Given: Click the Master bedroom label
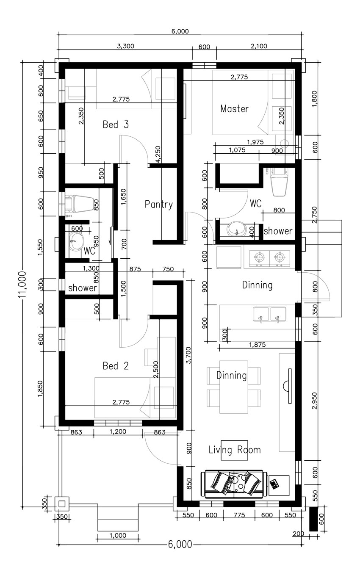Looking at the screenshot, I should [x=234, y=109].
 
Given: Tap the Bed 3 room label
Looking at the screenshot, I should [x=116, y=125].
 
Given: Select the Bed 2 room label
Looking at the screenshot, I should [x=116, y=366].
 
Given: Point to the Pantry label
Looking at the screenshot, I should [x=159, y=205].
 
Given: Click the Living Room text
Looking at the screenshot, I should [x=235, y=450].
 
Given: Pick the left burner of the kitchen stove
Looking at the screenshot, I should [x=258, y=257].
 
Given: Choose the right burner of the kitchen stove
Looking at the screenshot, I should [x=279, y=257].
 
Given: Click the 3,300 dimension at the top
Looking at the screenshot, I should [x=125, y=47].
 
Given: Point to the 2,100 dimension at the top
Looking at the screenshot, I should [x=258, y=47].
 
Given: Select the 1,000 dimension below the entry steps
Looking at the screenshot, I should [x=118, y=536].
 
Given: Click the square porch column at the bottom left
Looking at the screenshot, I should [x=62, y=504].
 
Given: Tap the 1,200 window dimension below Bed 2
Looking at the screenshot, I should [x=118, y=432].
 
